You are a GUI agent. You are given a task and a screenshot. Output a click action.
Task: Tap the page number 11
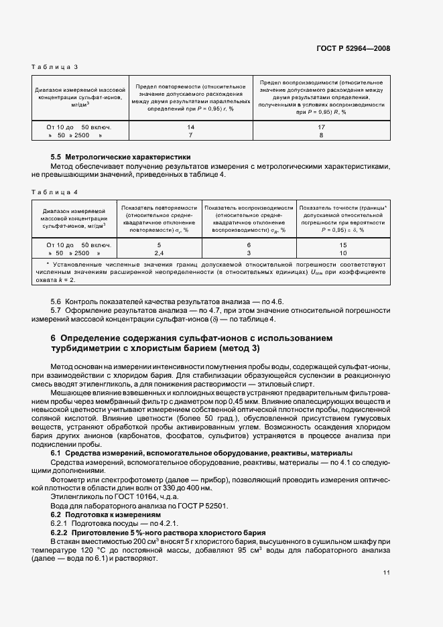pyautogui.click(x=387, y=573)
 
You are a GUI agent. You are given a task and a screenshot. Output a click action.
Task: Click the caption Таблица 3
pyautogui.click(x=55, y=67)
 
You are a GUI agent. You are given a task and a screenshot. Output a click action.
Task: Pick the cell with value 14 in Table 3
pyautogui.click(x=190, y=127)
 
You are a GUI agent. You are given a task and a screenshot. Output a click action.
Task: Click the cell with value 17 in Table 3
pyautogui.click(x=321, y=127)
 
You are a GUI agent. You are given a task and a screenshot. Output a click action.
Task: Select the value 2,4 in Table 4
pyautogui.click(x=160, y=254)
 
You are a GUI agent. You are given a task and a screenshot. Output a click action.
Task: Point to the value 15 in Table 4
pyautogui.click(x=342, y=245)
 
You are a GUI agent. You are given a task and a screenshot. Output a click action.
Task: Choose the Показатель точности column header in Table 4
pyautogui.click(x=342, y=218)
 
